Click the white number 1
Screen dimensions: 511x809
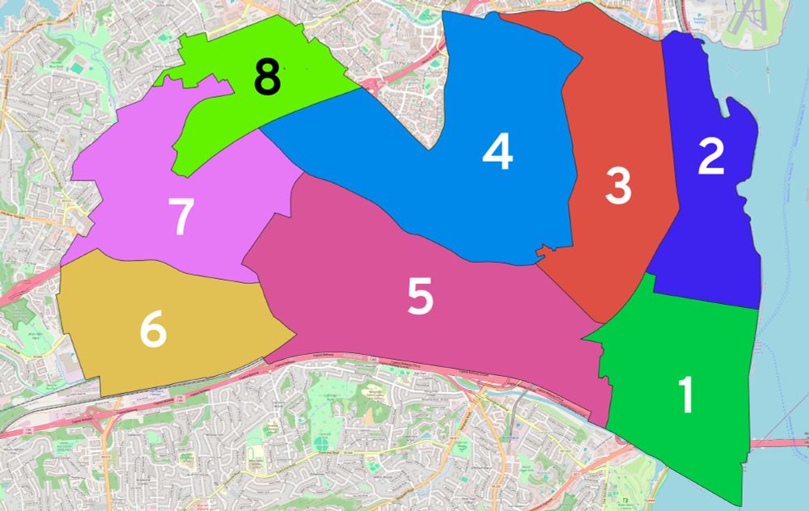(x=686, y=395)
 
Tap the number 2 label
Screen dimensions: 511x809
(x=710, y=157)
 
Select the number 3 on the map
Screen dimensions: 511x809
(x=618, y=187)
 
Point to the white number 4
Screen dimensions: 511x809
(x=498, y=151)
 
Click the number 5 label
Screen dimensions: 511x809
(x=420, y=298)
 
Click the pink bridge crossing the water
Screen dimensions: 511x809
(x=781, y=442)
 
